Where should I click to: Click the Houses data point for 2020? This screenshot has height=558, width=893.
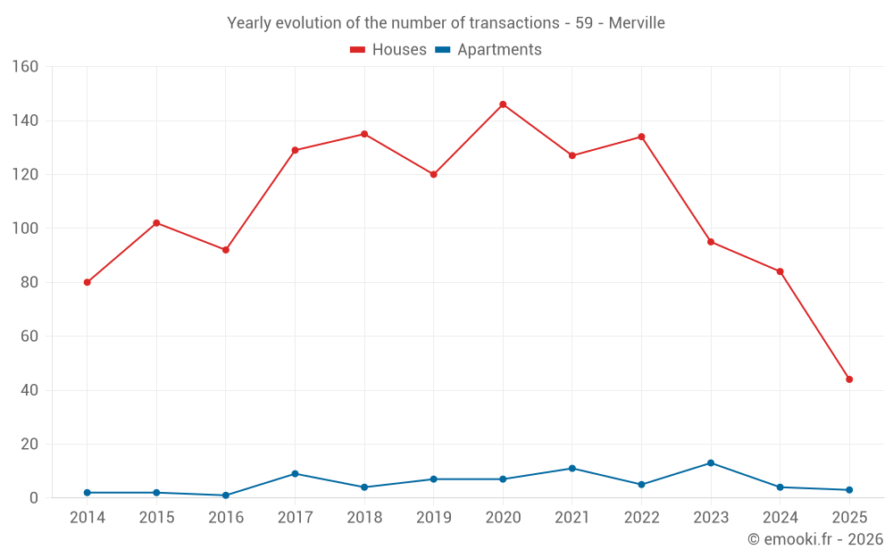[503, 104]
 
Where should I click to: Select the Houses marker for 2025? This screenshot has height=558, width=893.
[849, 379]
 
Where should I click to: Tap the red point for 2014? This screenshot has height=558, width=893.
[87, 282]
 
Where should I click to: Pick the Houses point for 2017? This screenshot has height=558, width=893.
[295, 150]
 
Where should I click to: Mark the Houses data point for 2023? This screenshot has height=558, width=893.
[711, 242]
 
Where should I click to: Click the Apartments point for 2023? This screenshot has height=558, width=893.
[711, 462]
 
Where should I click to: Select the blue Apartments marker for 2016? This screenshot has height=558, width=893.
[226, 496]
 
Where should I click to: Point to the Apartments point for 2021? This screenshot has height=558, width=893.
[572, 468]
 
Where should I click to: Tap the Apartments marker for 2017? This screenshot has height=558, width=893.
[295, 474]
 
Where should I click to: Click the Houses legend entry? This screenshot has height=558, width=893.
[388, 50]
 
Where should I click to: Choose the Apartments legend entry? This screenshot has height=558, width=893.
[488, 50]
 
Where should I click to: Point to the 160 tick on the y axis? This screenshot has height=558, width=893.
[25, 67]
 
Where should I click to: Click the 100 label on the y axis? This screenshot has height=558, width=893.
[25, 229]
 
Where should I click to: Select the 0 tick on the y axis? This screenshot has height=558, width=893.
[33, 498]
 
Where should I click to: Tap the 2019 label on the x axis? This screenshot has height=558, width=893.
[434, 518]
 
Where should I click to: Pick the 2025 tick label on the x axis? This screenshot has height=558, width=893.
[849, 518]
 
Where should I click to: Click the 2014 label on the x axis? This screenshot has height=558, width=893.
[87, 518]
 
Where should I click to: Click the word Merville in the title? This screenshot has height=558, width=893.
[637, 23]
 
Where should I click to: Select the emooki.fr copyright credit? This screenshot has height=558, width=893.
[815, 539]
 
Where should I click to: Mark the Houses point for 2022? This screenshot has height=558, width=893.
[641, 137]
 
